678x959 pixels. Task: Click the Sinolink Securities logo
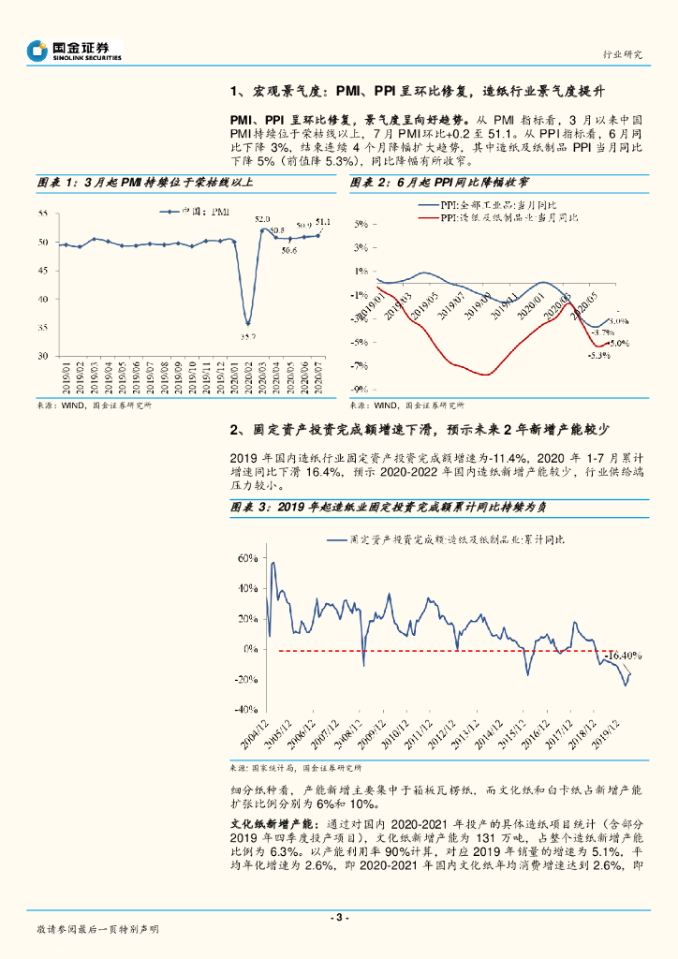[x=73, y=51]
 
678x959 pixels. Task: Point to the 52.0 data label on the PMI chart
[x=263, y=218]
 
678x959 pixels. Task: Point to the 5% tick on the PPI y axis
[x=361, y=225]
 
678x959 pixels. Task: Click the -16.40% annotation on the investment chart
[x=622, y=656]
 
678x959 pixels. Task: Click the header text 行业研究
[x=623, y=54]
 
